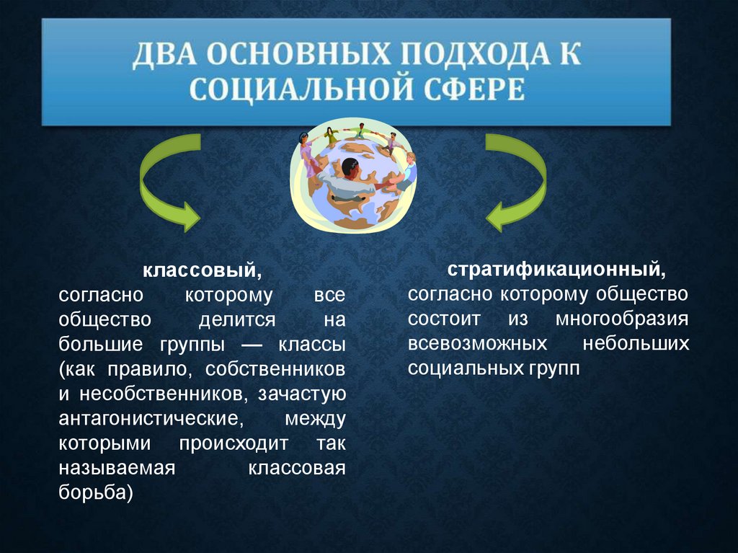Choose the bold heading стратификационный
click(557, 270)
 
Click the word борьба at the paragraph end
click(96, 492)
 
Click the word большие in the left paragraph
click(97, 344)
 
